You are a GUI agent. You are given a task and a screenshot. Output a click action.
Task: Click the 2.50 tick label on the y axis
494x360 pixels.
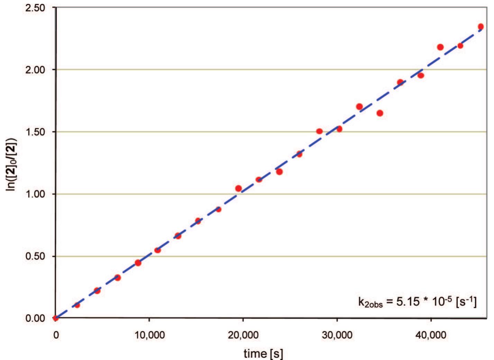click(35, 8)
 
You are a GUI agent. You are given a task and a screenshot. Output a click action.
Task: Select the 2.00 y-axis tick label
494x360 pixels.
click(35, 70)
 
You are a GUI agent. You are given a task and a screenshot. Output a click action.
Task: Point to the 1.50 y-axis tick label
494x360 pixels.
click(35, 132)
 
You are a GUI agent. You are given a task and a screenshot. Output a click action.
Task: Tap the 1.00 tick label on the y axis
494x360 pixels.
click(35, 194)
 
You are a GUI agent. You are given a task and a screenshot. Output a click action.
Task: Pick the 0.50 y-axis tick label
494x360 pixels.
click(35, 256)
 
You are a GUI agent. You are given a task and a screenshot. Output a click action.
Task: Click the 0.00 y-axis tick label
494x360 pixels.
click(35, 318)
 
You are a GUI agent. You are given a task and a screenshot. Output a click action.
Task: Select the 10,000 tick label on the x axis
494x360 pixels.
click(149, 335)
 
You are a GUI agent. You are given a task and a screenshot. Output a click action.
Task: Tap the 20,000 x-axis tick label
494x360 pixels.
click(243, 335)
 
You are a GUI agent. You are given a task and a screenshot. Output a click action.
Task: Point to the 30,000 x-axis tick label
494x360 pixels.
click(337, 335)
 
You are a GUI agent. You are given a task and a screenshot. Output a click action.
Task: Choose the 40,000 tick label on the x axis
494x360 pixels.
click(431, 335)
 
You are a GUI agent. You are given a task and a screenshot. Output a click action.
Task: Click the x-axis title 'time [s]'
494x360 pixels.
click(263, 353)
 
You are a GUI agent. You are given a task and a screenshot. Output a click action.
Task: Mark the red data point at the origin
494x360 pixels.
click(56, 318)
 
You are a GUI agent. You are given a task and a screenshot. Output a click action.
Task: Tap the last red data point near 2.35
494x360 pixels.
click(481, 27)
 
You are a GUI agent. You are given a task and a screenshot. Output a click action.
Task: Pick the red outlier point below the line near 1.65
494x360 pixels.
click(380, 113)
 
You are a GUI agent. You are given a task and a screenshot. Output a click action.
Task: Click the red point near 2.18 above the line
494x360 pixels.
click(440, 47)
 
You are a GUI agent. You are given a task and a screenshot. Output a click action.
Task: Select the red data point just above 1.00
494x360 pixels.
click(238, 188)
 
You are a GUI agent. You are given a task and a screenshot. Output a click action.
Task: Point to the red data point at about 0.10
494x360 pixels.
click(77, 305)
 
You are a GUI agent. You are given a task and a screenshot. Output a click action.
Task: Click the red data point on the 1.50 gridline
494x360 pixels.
click(319, 131)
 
